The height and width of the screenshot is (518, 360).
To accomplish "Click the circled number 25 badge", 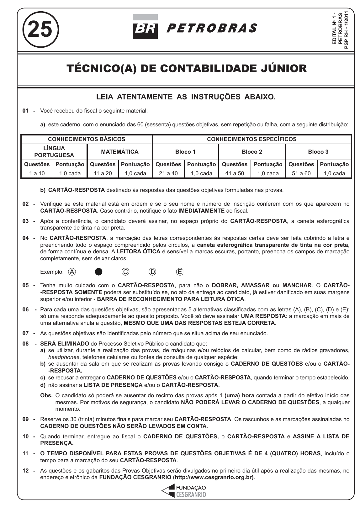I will [40, 29].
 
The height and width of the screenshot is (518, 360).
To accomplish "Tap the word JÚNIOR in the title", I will [284, 68].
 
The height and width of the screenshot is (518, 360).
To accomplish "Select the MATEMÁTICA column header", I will [119, 152].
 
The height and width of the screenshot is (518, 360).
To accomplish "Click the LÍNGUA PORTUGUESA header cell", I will [54, 152].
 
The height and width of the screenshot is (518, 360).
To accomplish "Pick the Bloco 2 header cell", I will [251, 152].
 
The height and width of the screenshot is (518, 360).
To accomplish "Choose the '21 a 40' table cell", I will [168, 173].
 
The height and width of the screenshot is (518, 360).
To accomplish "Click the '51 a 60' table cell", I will [301, 173].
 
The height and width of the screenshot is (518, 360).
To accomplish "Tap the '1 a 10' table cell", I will [37, 173].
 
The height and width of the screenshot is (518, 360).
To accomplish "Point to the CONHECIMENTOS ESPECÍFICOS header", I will [251, 139].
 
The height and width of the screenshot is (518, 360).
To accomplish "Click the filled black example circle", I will [98, 272].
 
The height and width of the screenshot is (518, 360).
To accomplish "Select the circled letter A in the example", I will [72, 272].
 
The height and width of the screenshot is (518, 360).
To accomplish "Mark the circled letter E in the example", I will [180, 272].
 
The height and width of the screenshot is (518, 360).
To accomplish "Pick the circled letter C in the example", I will [125, 272].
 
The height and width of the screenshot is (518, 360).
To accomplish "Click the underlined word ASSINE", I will [303, 436].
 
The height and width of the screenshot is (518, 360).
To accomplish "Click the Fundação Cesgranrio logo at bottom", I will [184, 491].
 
